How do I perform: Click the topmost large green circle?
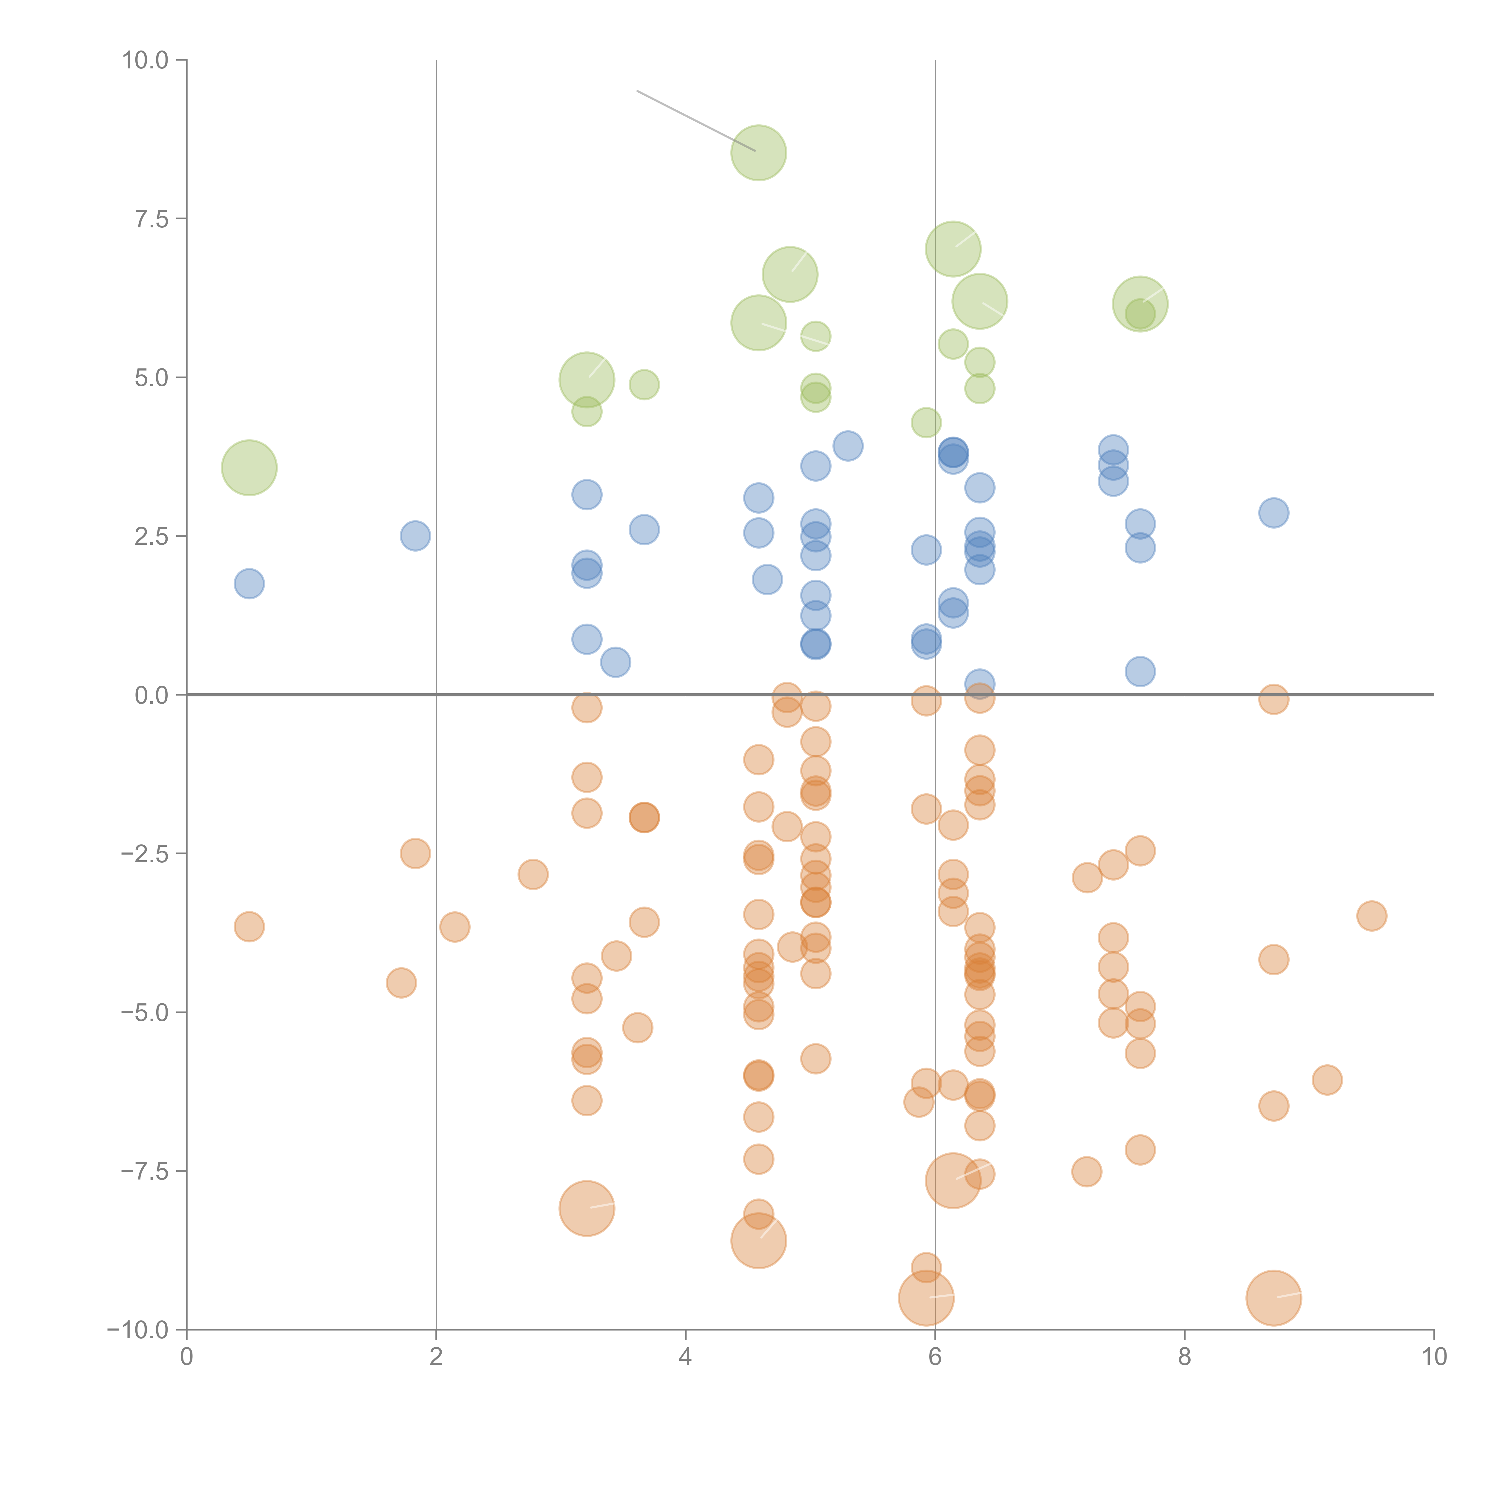pyautogui.click(x=759, y=152)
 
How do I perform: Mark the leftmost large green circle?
pyautogui.click(x=249, y=468)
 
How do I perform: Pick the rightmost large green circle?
pyautogui.click(x=1140, y=304)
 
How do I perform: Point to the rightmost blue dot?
pyautogui.click(x=1273, y=513)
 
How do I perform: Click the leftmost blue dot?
pyautogui.click(x=249, y=584)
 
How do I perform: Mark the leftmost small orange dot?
pyautogui.click(x=249, y=926)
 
